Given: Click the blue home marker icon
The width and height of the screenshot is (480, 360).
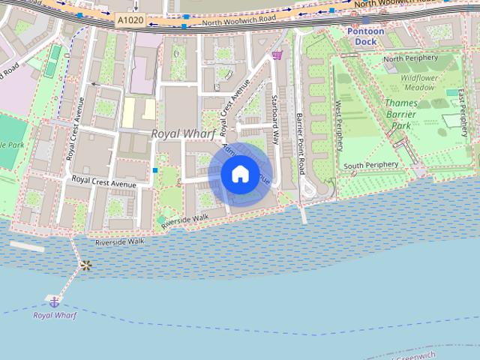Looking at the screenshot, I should point(239,174).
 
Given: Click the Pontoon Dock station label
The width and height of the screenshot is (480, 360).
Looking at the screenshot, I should point(366,36).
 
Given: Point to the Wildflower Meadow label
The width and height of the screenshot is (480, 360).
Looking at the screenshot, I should point(417,82).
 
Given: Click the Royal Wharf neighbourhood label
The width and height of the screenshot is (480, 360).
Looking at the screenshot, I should point(183,133).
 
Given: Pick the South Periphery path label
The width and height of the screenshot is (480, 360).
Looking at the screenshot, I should point(370,165).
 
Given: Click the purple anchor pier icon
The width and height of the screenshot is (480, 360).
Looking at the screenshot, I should point(54,301).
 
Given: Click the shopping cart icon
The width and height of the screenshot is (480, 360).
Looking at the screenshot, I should point(277,54).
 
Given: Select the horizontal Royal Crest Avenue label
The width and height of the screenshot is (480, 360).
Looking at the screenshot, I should point(103,181).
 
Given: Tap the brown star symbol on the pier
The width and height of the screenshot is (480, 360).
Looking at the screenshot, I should point(85,265).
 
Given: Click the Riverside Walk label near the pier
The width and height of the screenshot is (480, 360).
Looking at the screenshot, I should point(119,242).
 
